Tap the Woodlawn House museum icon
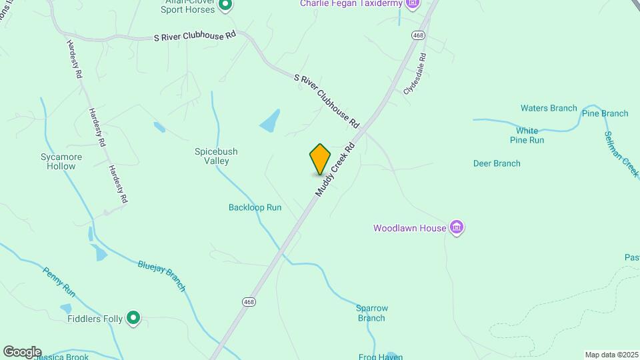[x=457, y=228]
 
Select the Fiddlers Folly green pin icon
[x=133, y=319]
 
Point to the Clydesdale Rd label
[x=414, y=73]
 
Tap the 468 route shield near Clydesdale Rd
[x=418, y=35]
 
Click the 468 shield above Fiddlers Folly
[x=249, y=302]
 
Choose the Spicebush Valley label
[x=216, y=156]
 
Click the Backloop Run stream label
[x=255, y=207]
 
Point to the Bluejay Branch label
[x=162, y=275]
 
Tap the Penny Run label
[x=60, y=281]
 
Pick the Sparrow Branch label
[x=371, y=313]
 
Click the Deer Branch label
[x=497, y=163]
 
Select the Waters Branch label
[x=549, y=108]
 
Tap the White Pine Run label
[x=527, y=135]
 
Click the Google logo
[x=22, y=351]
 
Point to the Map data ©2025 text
[x=611, y=355]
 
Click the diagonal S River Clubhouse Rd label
[x=327, y=101]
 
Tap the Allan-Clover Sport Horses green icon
[x=225, y=6]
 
